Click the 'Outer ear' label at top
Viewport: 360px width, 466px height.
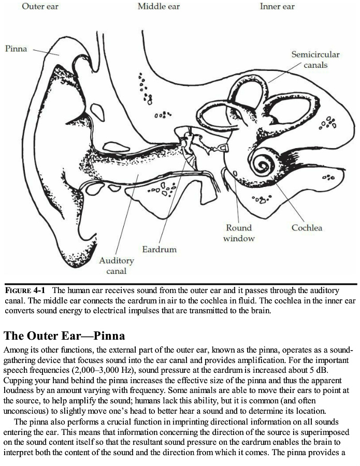pos(40,6)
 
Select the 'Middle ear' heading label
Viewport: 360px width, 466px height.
pos(159,6)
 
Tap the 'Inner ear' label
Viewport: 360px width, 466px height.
pos(277,6)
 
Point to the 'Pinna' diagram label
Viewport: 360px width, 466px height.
pos(16,48)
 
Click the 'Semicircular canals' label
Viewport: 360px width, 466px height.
pos(315,60)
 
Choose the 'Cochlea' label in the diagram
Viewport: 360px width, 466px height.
pos(307,228)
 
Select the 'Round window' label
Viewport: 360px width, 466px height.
pos(239,233)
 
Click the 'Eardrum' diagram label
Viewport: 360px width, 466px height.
pos(160,249)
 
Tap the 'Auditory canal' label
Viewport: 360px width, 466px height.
pos(117,265)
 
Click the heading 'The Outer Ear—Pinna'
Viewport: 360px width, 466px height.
pos(65,336)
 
